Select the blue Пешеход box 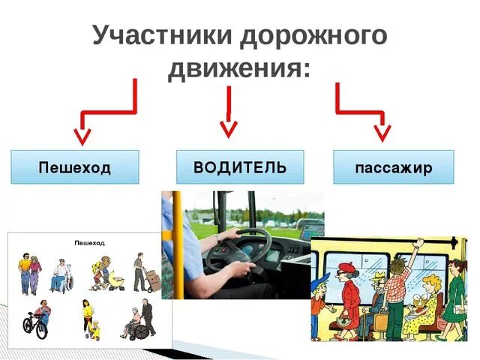(75, 167)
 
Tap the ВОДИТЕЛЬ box (240, 166)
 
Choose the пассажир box (394, 167)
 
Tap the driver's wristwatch (217, 238)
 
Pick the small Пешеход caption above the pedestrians (89, 243)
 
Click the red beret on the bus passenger (346, 268)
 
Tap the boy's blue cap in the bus (320, 280)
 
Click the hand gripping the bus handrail (421, 243)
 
